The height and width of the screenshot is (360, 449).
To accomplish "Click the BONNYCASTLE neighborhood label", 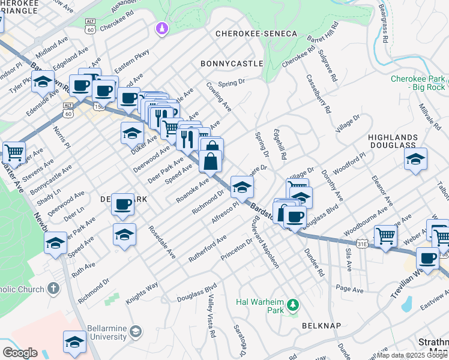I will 232,63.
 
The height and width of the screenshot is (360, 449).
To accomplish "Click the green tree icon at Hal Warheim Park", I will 293,305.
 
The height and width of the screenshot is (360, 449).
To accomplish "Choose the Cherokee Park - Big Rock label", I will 418,83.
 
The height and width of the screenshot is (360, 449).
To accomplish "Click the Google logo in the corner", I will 20,353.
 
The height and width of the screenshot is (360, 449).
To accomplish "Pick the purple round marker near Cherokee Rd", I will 161,28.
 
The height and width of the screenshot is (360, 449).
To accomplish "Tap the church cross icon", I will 53,288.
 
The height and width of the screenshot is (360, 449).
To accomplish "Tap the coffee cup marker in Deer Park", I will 124,204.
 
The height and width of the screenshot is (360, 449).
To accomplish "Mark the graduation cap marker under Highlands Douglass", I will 415,159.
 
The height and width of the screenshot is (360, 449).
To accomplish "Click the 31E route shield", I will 361,244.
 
